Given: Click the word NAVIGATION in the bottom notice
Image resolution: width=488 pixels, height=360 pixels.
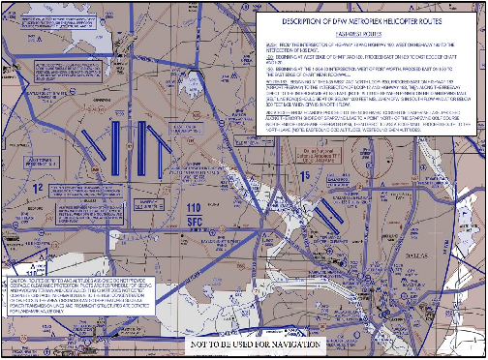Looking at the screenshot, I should [315, 345].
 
